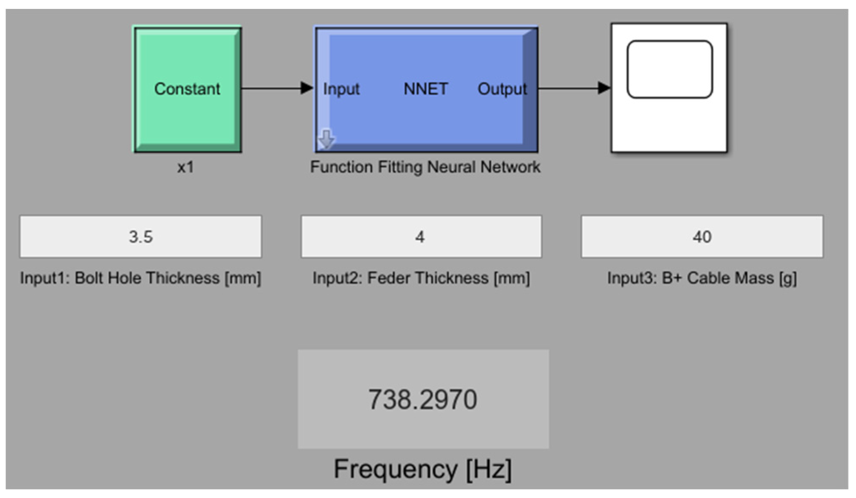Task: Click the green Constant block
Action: coord(188,89)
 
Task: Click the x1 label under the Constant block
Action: coord(185,167)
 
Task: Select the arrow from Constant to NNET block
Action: coord(277,88)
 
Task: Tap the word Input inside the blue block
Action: coord(341,89)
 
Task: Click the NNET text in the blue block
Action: coord(425,89)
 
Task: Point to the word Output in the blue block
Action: coord(502,89)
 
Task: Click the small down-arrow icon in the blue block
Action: coord(327,139)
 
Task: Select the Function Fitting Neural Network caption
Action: coord(425,167)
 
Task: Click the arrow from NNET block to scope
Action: coord(573,88)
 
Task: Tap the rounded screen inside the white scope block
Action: coord(669,69)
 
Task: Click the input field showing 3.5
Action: coord(141,237)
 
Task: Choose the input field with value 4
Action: coord(421,237)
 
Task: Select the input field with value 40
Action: coord(702,237)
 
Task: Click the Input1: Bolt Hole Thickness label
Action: coord(140,278)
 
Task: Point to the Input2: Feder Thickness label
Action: coord(421,278)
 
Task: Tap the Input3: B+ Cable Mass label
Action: coord(702,278)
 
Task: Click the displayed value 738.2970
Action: coord(422,400)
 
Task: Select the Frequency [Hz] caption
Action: coord(422,469)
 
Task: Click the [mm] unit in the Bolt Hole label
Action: coord(243,278)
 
